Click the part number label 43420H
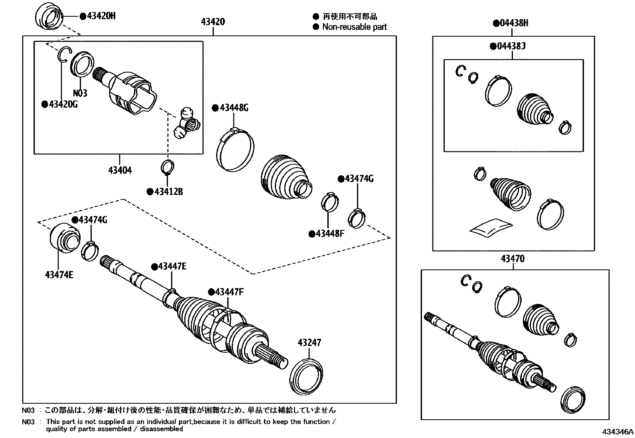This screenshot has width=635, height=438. [x=101, y=16]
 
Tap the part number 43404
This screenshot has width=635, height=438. [x=120, y=171]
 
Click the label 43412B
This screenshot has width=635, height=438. [x=168, y=192]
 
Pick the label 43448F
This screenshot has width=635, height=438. [x=329, y=234]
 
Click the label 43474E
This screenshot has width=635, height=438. [x=59, y=275]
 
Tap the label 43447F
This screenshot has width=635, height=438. [x=229, y=292]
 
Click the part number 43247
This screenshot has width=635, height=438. [x=309, y=342]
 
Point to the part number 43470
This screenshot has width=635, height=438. [x=513, y=259]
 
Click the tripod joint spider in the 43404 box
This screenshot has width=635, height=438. [x=187, y=123]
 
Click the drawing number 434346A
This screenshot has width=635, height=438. [x=617, y=432]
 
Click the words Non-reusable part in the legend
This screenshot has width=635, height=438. [x=354, y=27]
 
